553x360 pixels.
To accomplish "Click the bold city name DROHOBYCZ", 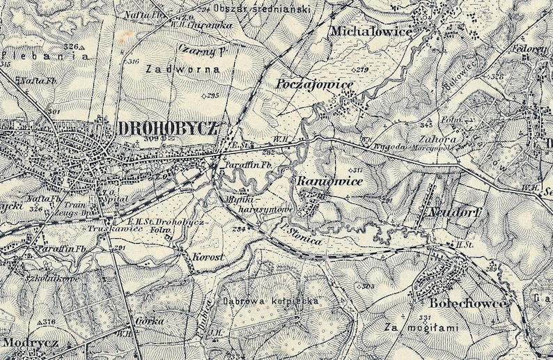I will click(x=169, y=128).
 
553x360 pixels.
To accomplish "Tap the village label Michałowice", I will click(x=371, y=31).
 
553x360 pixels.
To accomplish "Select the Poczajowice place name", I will click(x=315, y=84).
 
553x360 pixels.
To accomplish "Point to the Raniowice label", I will click(x=320, y=181).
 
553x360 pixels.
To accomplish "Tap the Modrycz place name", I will click(x=25, y=342).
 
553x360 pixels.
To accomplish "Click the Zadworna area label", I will click(x=183, y=70).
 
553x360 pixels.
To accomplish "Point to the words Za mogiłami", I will click(x=416, y=326).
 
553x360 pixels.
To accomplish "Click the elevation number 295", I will click(x=212, y=95).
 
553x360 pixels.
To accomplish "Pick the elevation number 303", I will click(x=368, y=285).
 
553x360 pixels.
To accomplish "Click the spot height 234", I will click(x=240, y=228).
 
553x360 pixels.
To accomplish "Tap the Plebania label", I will click(x=46, y=56).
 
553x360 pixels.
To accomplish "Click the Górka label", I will click(x=150, y=321).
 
